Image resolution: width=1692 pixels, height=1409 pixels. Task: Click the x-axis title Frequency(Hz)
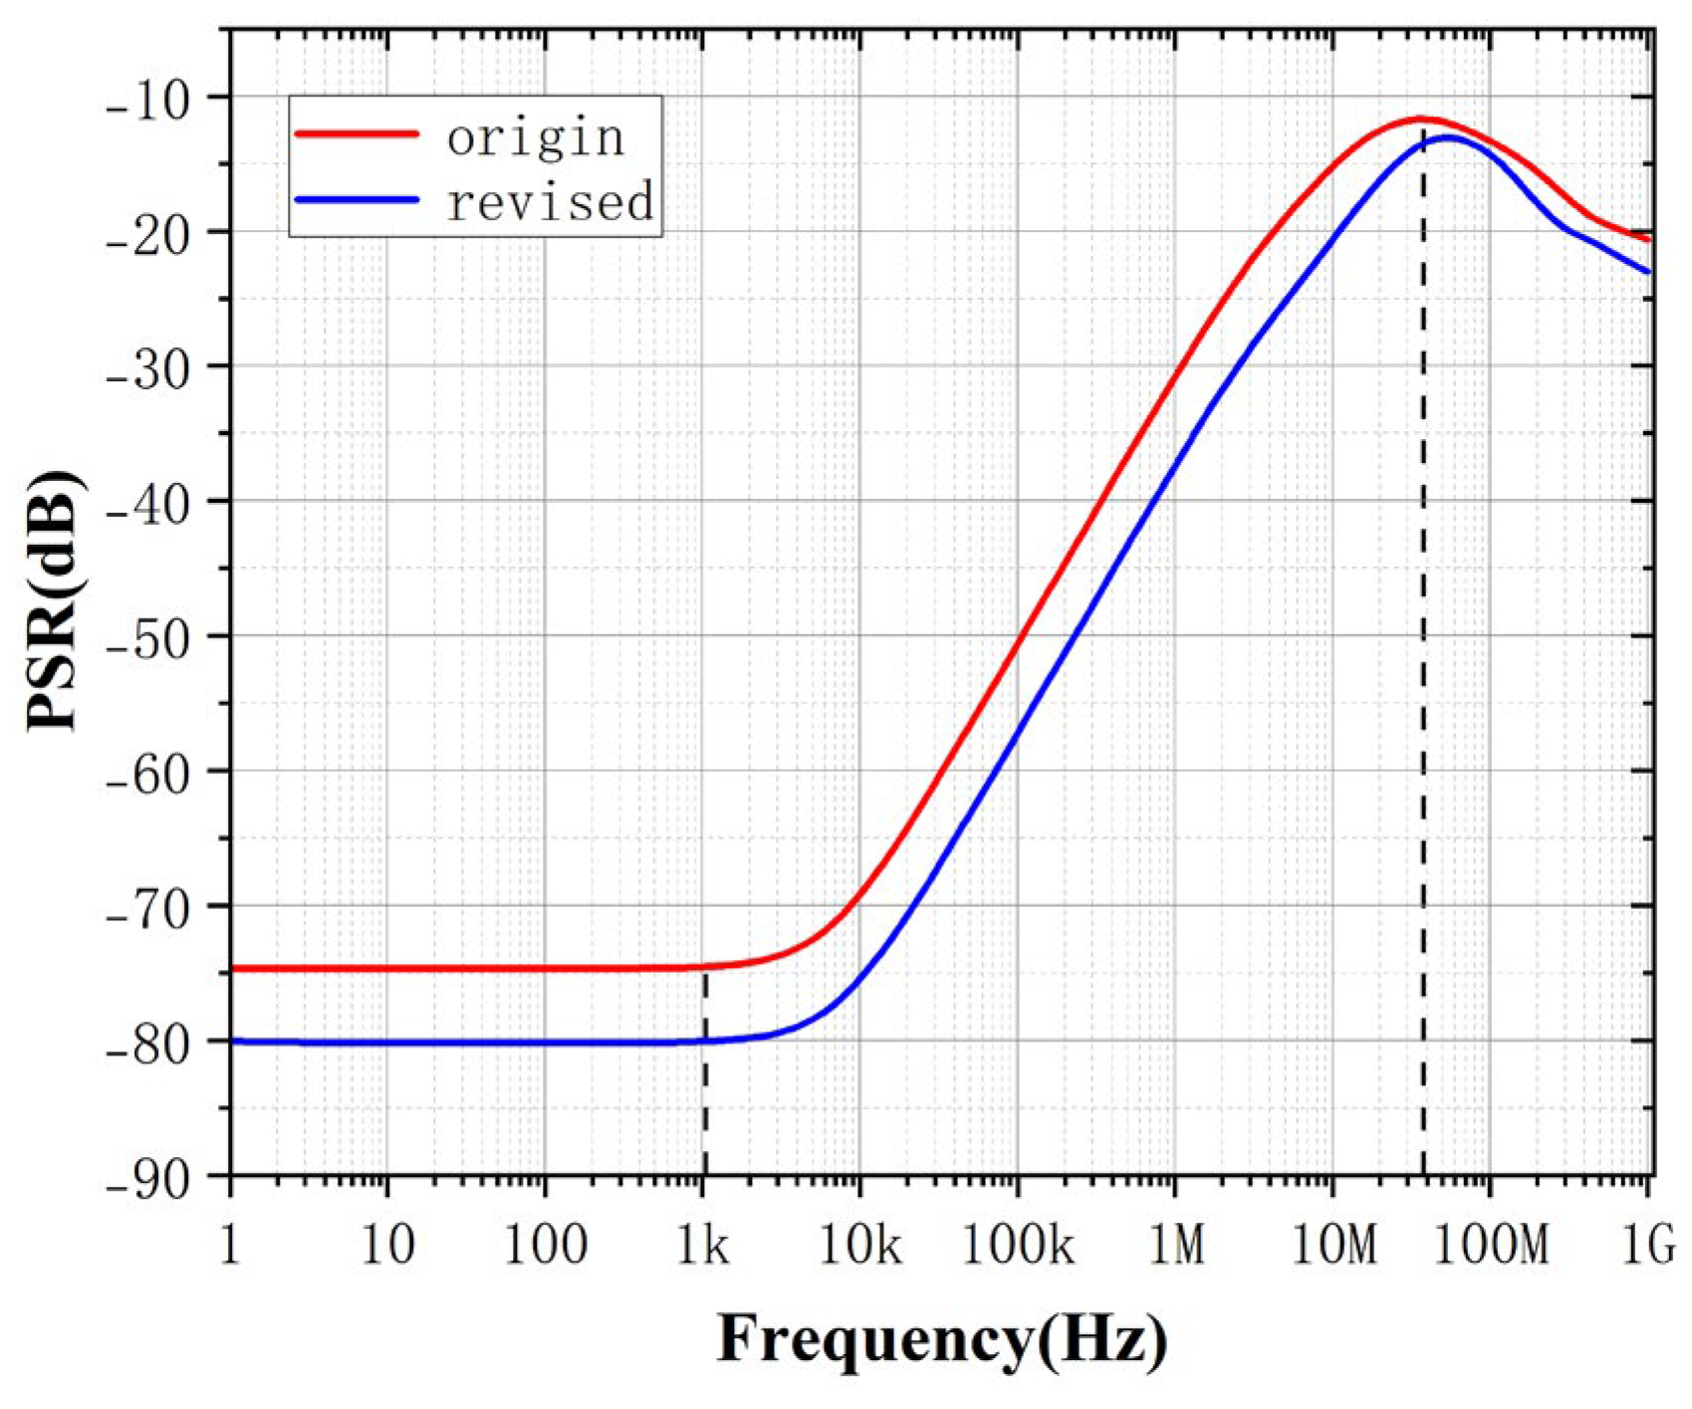coord(941,1339)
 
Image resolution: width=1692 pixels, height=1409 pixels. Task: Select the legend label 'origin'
coord(536,137)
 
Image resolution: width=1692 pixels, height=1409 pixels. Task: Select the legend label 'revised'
coord(550,201)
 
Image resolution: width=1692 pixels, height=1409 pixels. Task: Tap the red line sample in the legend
coord(356,132)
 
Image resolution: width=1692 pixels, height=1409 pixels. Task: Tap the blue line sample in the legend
coord(356,198)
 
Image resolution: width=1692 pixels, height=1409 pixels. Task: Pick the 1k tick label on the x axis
coord(703,1245)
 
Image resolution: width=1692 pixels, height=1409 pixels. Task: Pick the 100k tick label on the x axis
coord(1017,1245)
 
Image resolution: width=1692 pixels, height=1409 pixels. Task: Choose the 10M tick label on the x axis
coord(1332,1245)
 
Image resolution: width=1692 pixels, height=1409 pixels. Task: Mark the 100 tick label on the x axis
coord(545,1245)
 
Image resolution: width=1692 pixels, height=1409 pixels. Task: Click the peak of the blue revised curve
coord(1447,136)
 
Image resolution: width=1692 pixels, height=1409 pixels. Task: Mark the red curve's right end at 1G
coord(1648,239)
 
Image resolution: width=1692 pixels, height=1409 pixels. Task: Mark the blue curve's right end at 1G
coord(1648,271)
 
